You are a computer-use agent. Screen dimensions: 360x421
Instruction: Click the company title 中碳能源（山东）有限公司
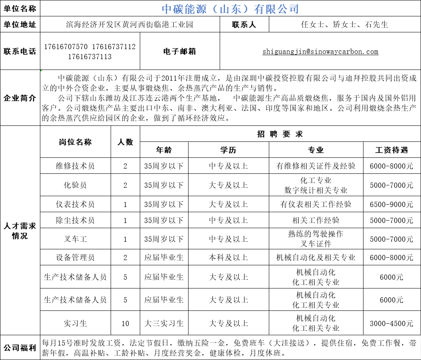(x=230, y=8)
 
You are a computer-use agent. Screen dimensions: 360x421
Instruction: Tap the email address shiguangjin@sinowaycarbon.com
(x=320, y=52)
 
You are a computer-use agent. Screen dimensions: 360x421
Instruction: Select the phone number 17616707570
(x=66, y=47)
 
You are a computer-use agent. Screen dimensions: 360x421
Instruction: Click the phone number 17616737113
(x=90, y=57)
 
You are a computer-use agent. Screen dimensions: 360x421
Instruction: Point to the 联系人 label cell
(x=244, y=24)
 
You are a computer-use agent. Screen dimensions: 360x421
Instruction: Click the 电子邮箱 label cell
(x=180, y=52)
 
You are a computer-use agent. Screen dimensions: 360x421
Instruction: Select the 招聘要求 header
(x=280, y=134)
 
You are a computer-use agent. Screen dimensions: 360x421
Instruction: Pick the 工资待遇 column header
(x=391, y=150)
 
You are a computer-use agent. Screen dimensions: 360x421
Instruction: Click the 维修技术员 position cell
(x=75, y=165)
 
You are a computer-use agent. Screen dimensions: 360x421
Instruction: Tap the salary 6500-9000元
(x=391, y=204)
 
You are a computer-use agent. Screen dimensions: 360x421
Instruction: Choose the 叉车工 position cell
(x=75, y=239)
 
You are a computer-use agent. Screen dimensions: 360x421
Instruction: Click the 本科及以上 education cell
(x=228, y=258)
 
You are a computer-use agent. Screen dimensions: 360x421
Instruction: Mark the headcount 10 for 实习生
(x=125, y=323)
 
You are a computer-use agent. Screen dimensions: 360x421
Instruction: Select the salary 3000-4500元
(x=391, y=323)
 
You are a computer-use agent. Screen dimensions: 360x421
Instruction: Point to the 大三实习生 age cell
(x=164, y=323)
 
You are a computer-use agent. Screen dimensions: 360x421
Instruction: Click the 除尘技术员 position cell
(x=75, y=220)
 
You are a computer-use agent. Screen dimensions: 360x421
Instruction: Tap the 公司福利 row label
(x=20, y=348)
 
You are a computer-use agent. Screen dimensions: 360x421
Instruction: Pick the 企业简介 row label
(x=20, y=98)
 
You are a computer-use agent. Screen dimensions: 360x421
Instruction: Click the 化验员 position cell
(x=75, y=185)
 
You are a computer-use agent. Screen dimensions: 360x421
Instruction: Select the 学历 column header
(x=228, y=150)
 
